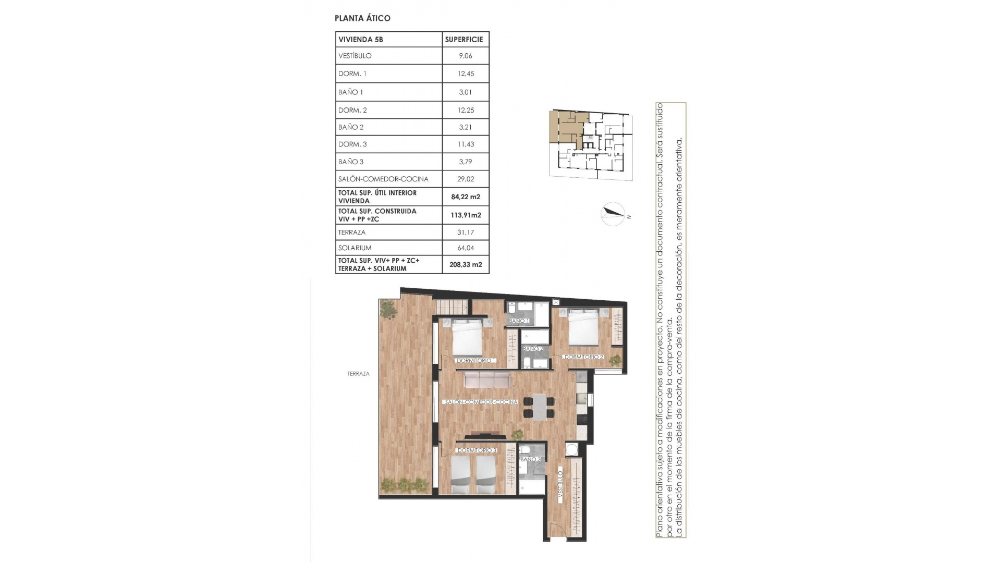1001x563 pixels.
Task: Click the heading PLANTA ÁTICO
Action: (x=362, y=18)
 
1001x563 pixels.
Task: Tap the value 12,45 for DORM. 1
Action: (x=466, y=74)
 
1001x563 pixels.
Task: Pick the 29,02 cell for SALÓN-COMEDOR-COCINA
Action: (x=466, y=179)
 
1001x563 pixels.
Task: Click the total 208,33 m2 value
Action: (x=466, y=264)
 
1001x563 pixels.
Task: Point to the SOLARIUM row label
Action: (x=355, y=248)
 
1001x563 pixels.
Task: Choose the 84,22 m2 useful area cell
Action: (x=466, y=197)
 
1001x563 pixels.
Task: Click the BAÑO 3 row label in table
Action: (x=351, y=162)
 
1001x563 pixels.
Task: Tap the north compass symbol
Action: (x=613, y=213)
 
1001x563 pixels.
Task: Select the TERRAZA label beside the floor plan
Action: (x=358, y=374)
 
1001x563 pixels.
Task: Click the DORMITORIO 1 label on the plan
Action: (x=475, y=360)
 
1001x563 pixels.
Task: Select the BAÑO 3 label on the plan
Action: (x=531, y=459)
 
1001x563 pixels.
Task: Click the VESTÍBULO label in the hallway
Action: (x=560, y=487)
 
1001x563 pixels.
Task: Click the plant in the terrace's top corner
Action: (x=388, y=310)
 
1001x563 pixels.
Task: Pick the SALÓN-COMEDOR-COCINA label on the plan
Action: (x=481, y=402)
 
